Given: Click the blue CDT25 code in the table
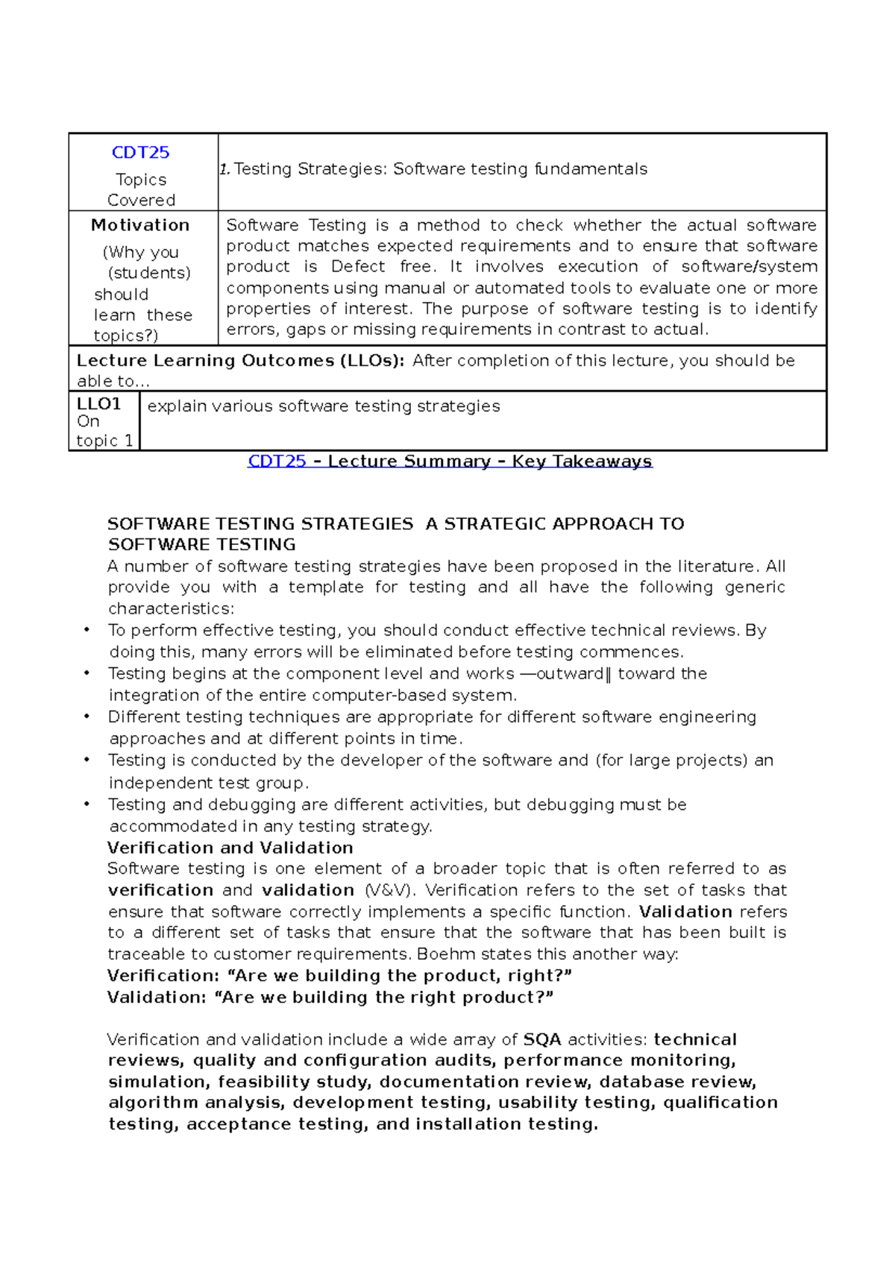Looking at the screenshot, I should coord(140,153).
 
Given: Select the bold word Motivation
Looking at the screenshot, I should coord(140,225).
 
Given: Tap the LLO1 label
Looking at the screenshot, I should coord(98,404).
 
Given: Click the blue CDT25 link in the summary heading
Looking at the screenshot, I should coord(277,462).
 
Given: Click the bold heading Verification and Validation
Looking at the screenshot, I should coord(230,848).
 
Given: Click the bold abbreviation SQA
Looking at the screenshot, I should coord(542,1039).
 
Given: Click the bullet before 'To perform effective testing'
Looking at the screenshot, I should coord(87,631).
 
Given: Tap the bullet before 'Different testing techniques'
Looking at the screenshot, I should coord(87,717).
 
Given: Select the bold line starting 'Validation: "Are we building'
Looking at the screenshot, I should coord(330,998).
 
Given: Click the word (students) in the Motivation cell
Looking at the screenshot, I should coord(149,274).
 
